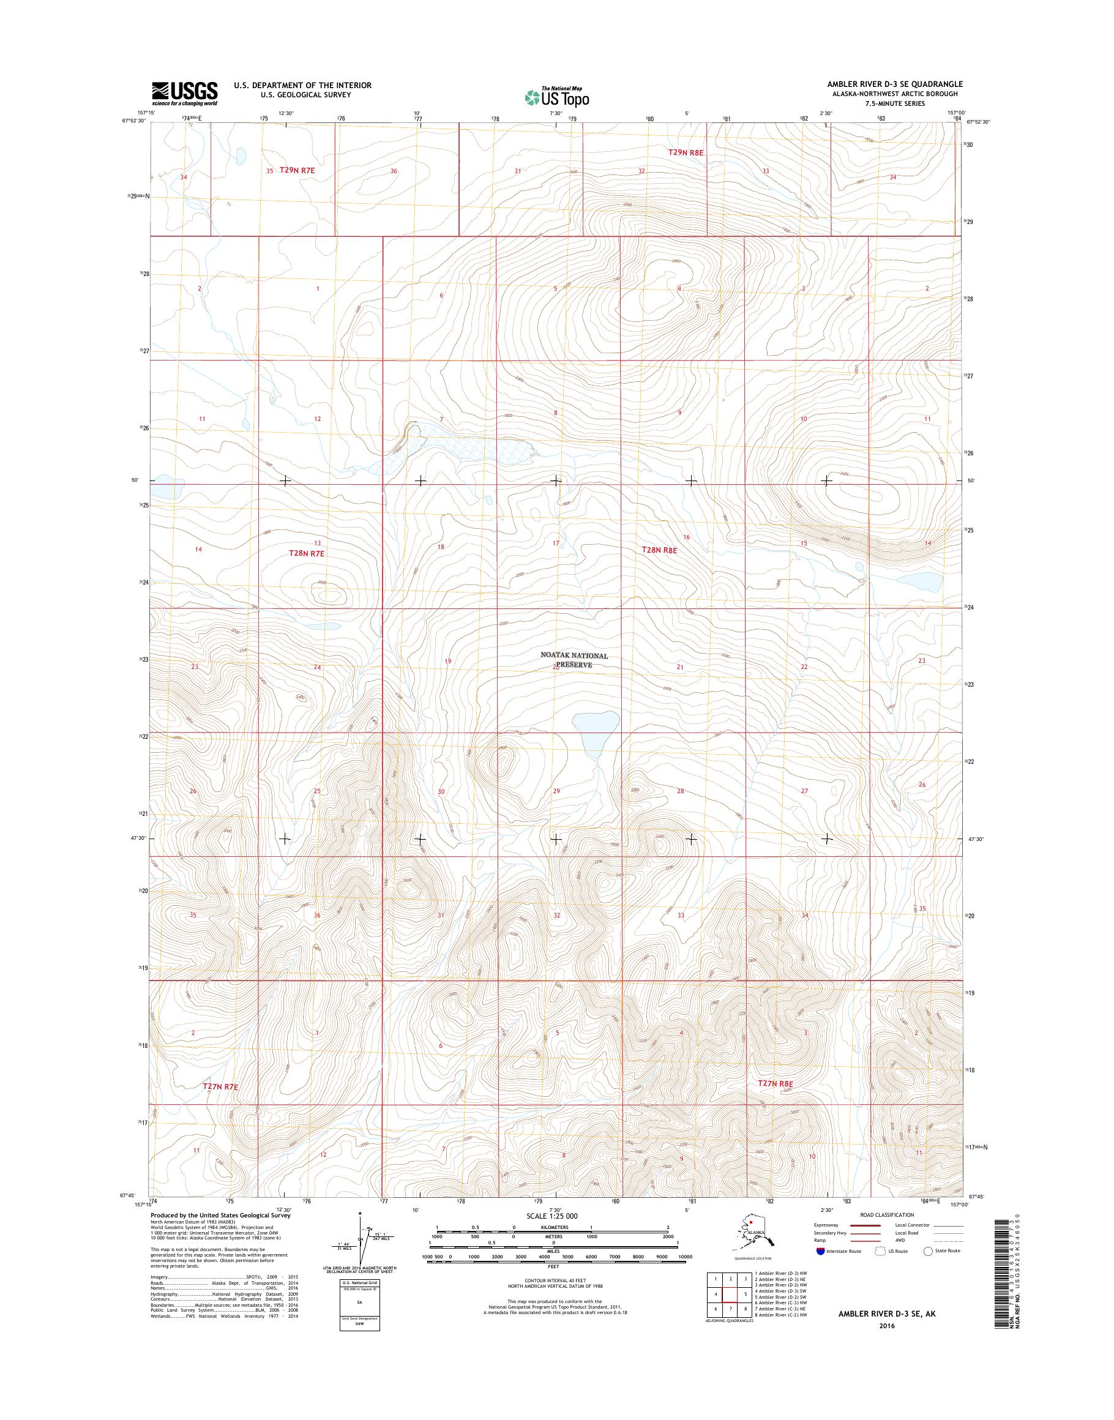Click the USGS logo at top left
(185, 93)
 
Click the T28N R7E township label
(307, 553)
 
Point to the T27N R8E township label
(776, 1083)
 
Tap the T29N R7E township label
(297, 170)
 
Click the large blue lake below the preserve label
(594, 725)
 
